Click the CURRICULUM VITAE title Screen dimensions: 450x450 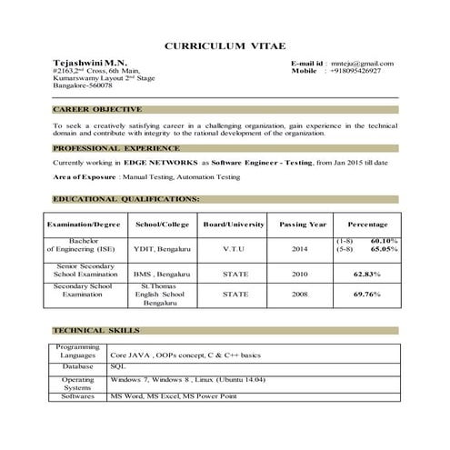pyautogui.click(x=224, y=45)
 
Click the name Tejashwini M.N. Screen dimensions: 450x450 pyautogui.click(x=85, y=63)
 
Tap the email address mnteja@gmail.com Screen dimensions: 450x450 pyautogui.click(x=363, y=63)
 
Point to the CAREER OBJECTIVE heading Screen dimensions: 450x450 pyautogui.click(x=95, y=109)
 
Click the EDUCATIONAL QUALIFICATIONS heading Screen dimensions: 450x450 pyautogui.click(x=126, y=198)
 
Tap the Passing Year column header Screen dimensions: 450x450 pyautogui.click(x=303, y=224)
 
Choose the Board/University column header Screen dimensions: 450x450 pyautogui.click(x=234, y=224)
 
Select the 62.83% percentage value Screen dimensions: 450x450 pyautogui.click(x=366, y=273)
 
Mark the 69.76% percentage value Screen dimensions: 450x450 pyautogui.click(x=366, y=295)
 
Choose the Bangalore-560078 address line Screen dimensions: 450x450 pyautogui.click(x=83, y=85)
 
